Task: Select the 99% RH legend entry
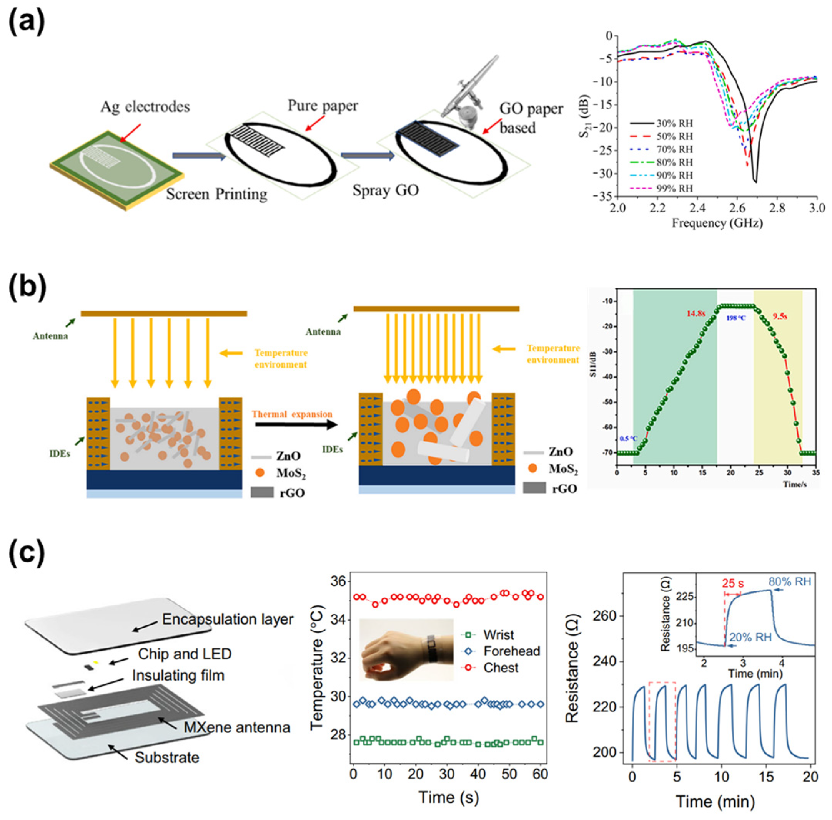click(x=661, y=188)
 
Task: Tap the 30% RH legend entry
click(x=661, y=123)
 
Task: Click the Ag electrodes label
click(x=145, y=106)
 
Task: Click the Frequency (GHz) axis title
click(x=717, y=223)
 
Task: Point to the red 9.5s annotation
click(x=780, y=316)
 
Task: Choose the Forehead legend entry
click(x=511, y=651)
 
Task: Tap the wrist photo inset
click(x=406, y=649)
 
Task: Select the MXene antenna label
click(x=237, y=727)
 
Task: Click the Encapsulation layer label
click(x=227, y=619)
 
